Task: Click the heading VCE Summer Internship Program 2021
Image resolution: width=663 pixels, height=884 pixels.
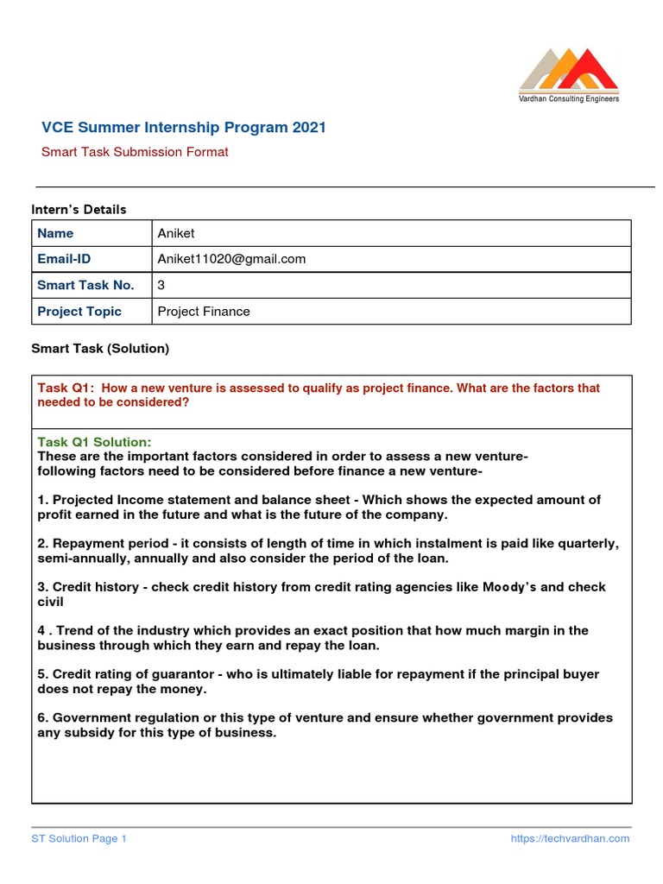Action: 184,128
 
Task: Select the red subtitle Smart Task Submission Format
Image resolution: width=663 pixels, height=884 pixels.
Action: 135,152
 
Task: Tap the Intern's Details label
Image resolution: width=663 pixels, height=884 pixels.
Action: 79,209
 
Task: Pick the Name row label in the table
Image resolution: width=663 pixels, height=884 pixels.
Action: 55,233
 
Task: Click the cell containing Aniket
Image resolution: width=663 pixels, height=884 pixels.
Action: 176,233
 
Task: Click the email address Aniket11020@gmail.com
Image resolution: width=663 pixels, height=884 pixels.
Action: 231,259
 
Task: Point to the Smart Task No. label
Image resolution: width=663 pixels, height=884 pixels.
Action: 85,285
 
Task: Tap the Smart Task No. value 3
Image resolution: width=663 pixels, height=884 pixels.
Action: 161,285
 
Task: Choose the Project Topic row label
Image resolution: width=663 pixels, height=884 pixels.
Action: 79,311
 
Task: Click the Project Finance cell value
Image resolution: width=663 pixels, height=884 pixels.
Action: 204,311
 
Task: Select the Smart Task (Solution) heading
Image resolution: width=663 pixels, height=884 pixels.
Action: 100,349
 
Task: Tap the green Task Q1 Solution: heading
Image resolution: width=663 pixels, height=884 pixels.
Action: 94,442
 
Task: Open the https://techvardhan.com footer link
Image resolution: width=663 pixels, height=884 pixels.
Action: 570,838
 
